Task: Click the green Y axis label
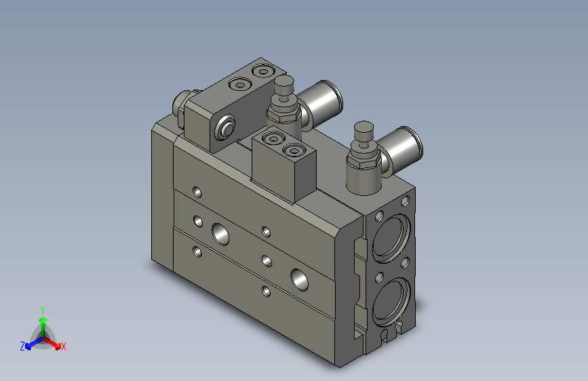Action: tap(42, 308)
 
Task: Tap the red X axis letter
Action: tap(64, 346)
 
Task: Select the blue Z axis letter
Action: tap(22, 346)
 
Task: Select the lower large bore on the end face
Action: tap(390, 298)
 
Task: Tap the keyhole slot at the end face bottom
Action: tap(387, 334)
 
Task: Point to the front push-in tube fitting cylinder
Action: tap(401, 146)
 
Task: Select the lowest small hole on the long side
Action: tap(266, 292)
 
